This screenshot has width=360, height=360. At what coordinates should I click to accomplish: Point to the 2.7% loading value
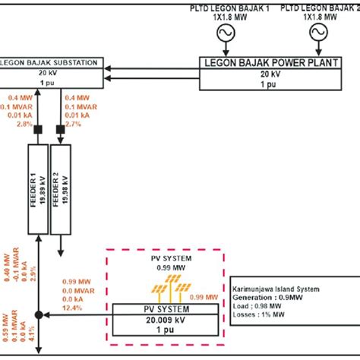pyautogui.click(x=74, y=123)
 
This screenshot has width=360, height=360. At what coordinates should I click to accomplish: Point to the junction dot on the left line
pyautogui.click(x=37, y=314)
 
